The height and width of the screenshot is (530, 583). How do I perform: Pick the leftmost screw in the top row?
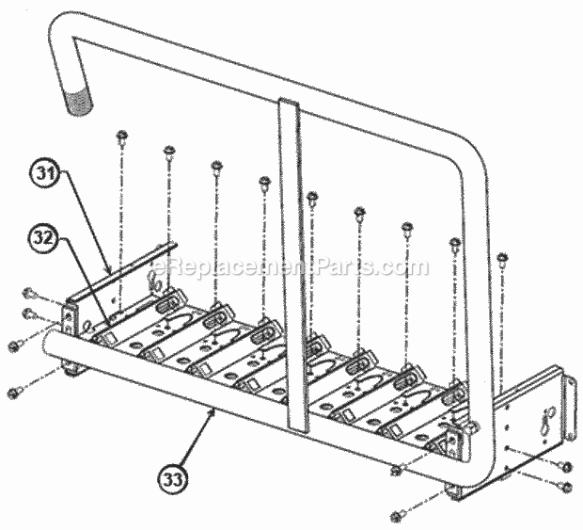(x=121, y=138)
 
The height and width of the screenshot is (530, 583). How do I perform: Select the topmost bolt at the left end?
(x=28, y=293)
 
